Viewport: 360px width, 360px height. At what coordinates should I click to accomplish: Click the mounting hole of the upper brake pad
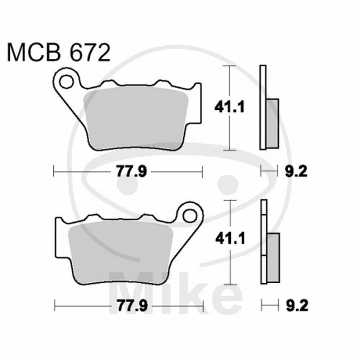66,82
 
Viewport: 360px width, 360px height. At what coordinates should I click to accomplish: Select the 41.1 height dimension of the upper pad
230,107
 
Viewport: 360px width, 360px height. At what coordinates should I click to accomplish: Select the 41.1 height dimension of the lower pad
230,238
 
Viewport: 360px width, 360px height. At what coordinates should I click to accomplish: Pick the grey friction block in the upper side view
273,122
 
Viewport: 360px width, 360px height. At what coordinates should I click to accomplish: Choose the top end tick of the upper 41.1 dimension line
229,66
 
